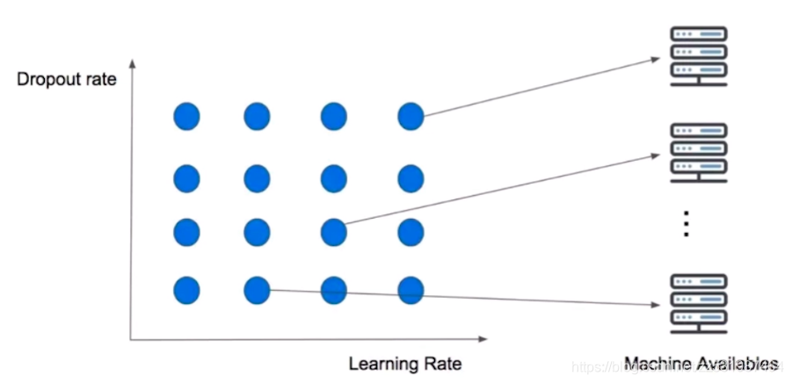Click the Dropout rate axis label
pos(67,80)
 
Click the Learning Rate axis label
pos(404,364)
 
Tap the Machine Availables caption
pos(701,364)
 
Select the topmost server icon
pos(700,56)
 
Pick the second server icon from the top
pos(700,152)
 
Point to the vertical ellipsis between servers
pos(687,225)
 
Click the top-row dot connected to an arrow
pos(411,115)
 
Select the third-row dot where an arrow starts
pos(333,233)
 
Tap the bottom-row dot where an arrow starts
pos(257,289)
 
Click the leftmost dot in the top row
pos(186,115)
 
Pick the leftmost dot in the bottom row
pos(186,289)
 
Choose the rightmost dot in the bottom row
pos(411,289)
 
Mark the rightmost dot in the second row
pos(411,178)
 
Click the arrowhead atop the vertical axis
pos(132,64)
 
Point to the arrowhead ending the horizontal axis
pos(482,338)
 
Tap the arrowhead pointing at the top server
pos(655,59)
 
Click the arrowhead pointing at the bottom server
pos(655,305)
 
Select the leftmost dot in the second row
pos(186,178)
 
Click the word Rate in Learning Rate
pos(443,364)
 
